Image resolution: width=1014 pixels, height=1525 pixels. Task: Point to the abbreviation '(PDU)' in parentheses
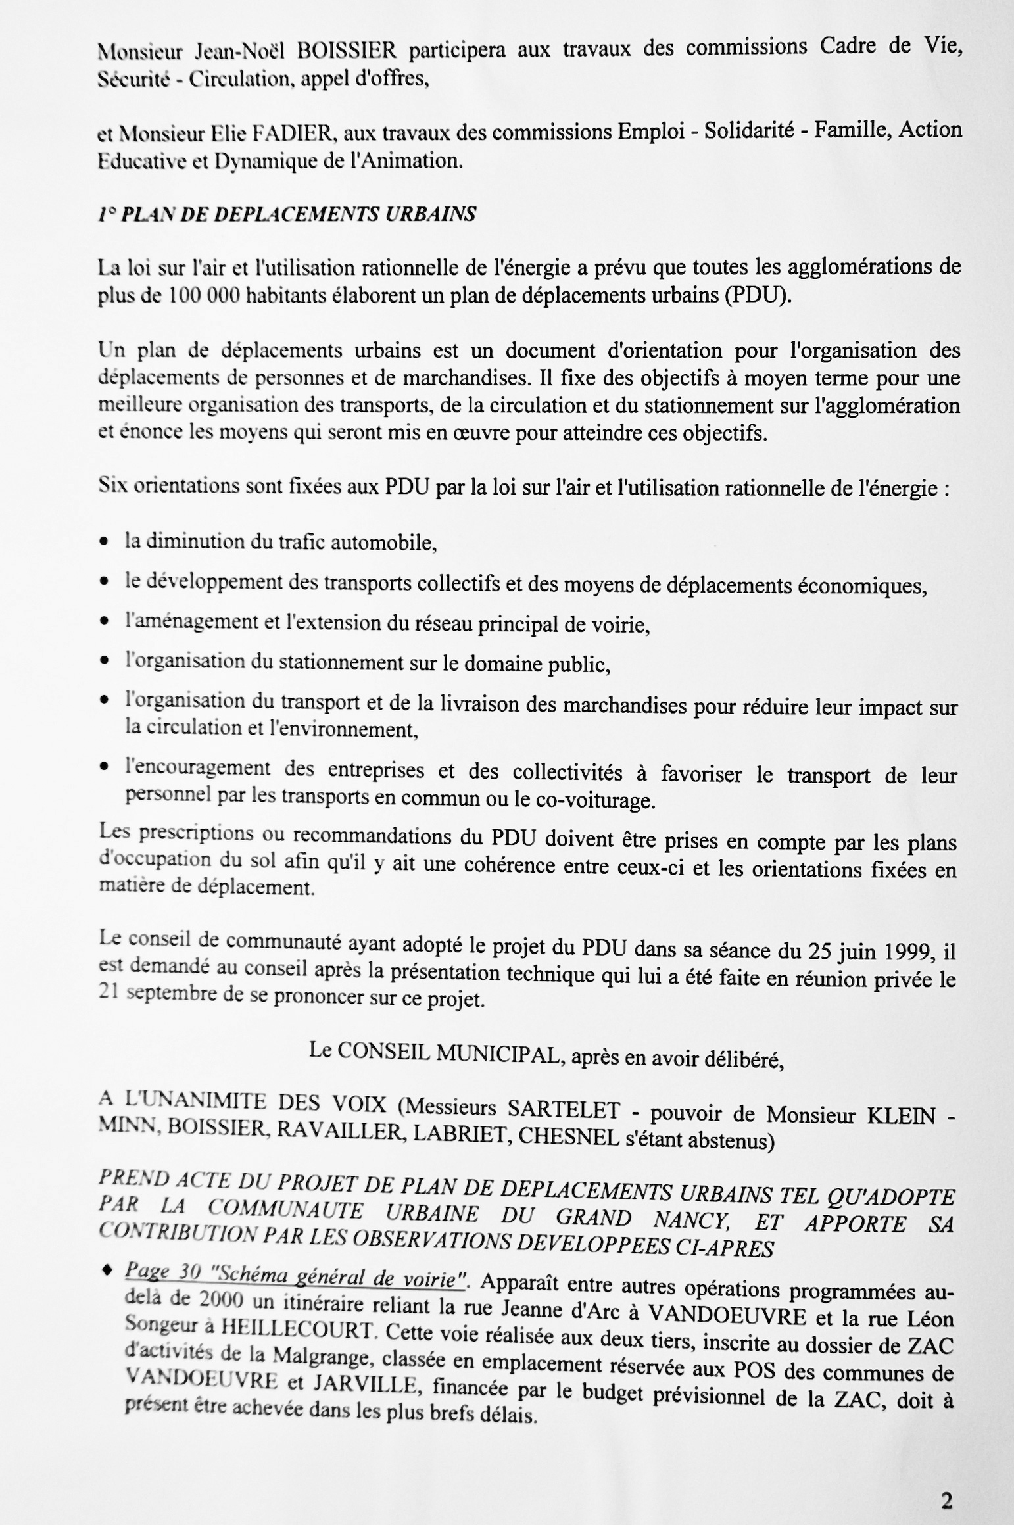pyautogui.click(x=757, y=295)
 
